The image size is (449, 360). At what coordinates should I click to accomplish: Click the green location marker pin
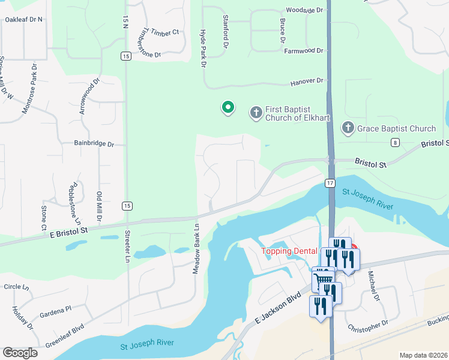pyautogui.click(x=228, y=107)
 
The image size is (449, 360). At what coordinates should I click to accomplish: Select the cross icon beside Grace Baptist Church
pyautogui.click(x=348, y=128)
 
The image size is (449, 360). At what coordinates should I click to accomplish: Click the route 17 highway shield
pyautogui.click(x=330, y=182)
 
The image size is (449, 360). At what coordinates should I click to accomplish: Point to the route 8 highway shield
pyautogui.click(x=394, y=142)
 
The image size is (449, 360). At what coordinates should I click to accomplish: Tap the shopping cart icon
pyautogui.click(x=324, y=278)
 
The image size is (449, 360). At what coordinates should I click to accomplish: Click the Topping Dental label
pyautogui.click(x=288, y=251)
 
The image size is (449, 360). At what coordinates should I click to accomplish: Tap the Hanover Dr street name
pyautogui.click(x=306, y=80)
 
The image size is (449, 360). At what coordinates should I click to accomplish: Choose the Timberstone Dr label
pyautogui.click(x=142, y=45)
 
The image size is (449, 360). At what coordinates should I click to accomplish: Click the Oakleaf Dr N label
pyautogui.click(x=23, y=19)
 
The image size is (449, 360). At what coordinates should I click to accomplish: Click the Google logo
pyautogui.click(x=20, y=353)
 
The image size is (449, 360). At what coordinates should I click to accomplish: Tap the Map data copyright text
pyautogui.click(x=423, y=355)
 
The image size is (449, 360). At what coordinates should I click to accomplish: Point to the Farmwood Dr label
pyautogui.click(x=304, y=51)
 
